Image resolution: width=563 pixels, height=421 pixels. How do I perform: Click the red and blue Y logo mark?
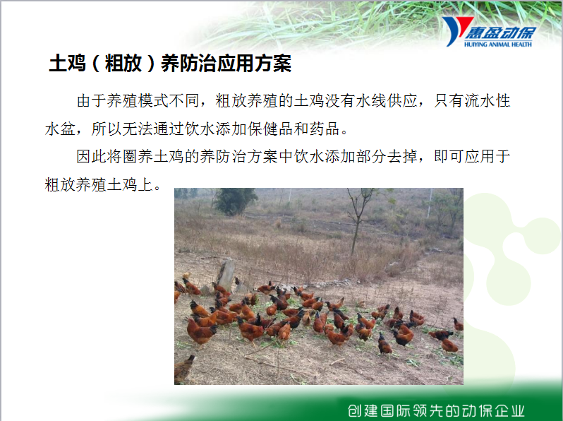(455, 30)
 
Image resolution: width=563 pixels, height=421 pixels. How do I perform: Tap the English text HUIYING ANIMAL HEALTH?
(497, 45)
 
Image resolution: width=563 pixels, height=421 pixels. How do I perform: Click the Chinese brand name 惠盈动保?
(500, 32)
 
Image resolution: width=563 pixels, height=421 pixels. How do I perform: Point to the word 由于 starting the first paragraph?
(91, 101)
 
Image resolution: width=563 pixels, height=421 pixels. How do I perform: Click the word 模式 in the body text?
(153, 101)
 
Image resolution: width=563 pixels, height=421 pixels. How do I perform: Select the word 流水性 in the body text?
(488, 101)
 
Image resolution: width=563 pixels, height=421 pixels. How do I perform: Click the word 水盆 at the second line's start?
(60, 129)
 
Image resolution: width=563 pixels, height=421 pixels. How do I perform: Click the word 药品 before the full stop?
(325, 129)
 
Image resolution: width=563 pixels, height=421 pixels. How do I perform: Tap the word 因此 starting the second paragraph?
(91, 156)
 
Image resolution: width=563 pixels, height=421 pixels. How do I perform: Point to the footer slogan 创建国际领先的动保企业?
(436, 410)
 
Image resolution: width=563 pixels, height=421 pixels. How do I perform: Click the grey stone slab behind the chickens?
(226, 275)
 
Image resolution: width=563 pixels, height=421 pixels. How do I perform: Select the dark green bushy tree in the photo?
(235, 201)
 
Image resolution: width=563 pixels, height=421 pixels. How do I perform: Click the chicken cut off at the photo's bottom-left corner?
(184, 369)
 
